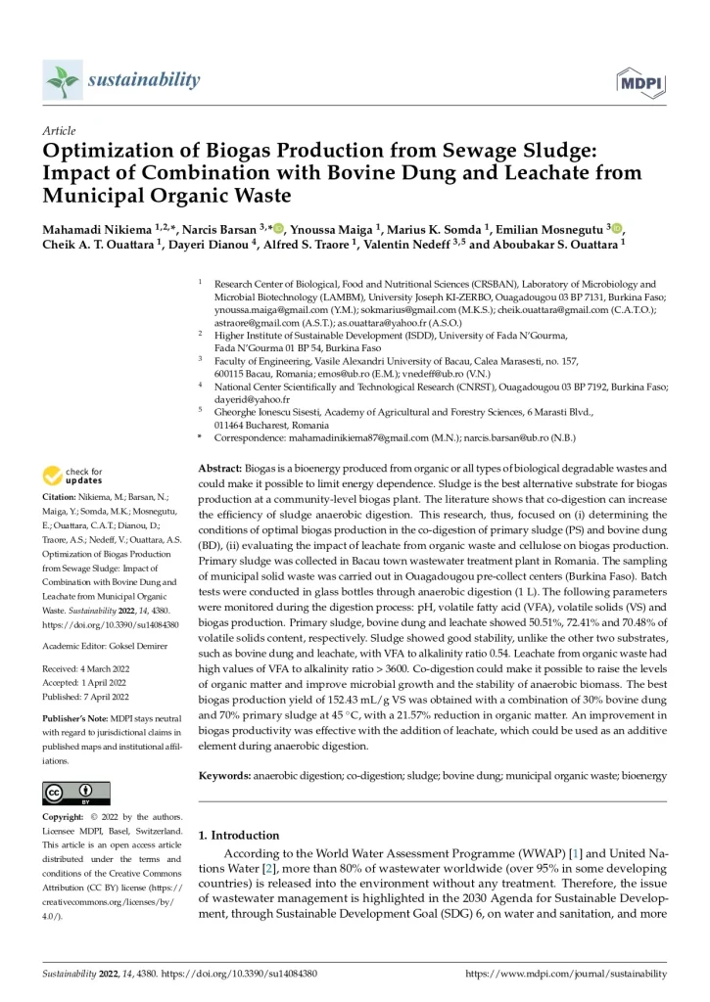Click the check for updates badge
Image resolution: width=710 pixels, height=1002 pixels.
72,477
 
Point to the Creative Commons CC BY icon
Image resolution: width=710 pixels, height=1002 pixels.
76,794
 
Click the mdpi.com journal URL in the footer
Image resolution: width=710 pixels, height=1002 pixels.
565,975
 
